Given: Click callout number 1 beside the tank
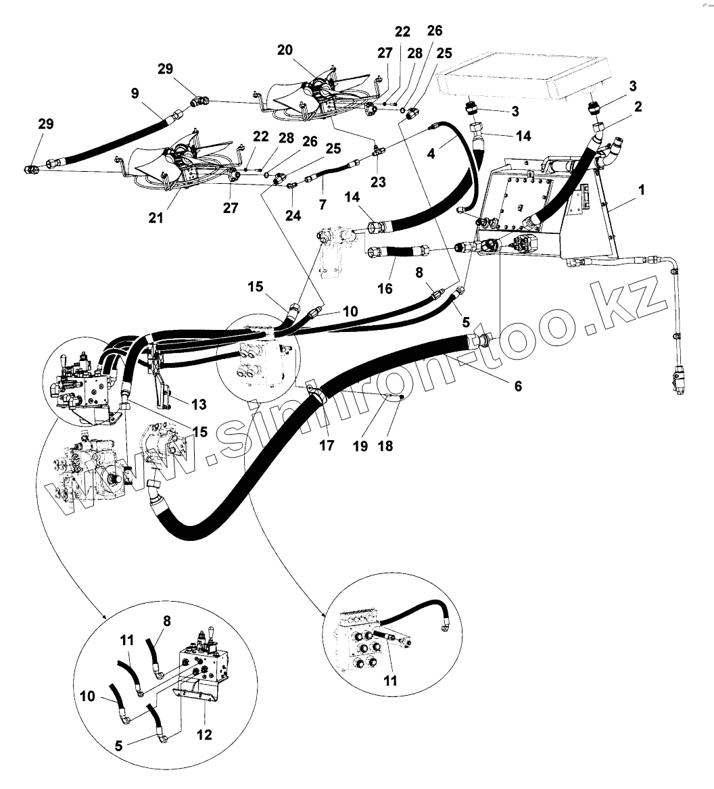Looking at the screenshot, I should (x=641, y=191).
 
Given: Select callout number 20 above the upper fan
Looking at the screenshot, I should (x=285, y=51).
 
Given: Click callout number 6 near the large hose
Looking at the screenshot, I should (x=518, y=386).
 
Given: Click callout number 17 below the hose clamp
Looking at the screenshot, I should (x=327, y=447).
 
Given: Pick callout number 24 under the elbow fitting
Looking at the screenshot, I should (x=292, y=216).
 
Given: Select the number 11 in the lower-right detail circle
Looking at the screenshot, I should (x=391, y=681).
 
